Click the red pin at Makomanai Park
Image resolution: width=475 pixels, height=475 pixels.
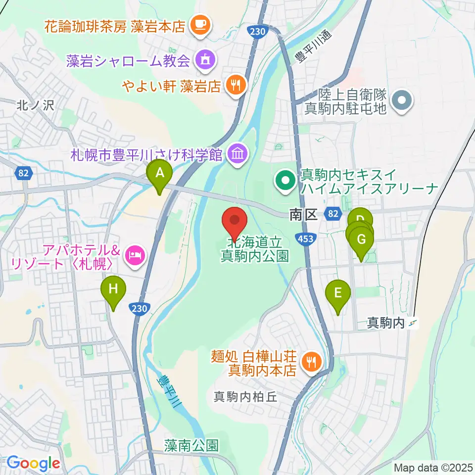click(235, 221)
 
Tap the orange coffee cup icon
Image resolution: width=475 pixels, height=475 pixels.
click(200, 23)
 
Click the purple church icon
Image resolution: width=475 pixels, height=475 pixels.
click(203, 61)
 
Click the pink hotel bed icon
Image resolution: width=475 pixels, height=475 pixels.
click(135, 255)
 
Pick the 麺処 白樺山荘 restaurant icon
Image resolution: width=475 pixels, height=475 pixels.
click(311, 362)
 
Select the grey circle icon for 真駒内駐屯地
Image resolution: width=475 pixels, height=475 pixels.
click(402, 100)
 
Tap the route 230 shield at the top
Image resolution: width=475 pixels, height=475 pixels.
click(258, 32)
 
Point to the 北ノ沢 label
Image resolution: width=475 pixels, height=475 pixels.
click(32, 104)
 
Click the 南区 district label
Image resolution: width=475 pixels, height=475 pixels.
click(303, 214)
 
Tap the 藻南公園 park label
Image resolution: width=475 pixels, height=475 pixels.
click(191, 445)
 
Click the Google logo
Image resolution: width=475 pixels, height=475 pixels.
click(34, 464)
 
